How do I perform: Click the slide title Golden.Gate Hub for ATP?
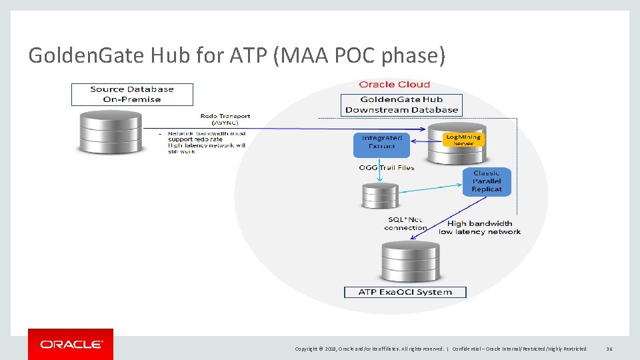click(236, 55)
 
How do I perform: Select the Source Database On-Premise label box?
click(132, 94)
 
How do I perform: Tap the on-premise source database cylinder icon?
click(110, 132)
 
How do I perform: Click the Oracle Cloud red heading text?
click(395, 85)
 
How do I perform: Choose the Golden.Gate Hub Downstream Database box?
click(401, 105)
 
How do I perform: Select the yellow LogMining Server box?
click(463, 140)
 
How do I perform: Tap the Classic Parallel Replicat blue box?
click(487, 181)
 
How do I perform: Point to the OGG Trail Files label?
click(387, 168)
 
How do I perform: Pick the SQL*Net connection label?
click(405, 223)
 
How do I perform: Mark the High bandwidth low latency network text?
click(479, 227)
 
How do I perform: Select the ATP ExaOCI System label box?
click(405, 292)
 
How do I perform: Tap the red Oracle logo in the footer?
click(71, 344)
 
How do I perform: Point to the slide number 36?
click(609, 349)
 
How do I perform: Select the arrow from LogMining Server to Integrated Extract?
click(427, 141)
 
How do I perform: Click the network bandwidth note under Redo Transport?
click(207, 142)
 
